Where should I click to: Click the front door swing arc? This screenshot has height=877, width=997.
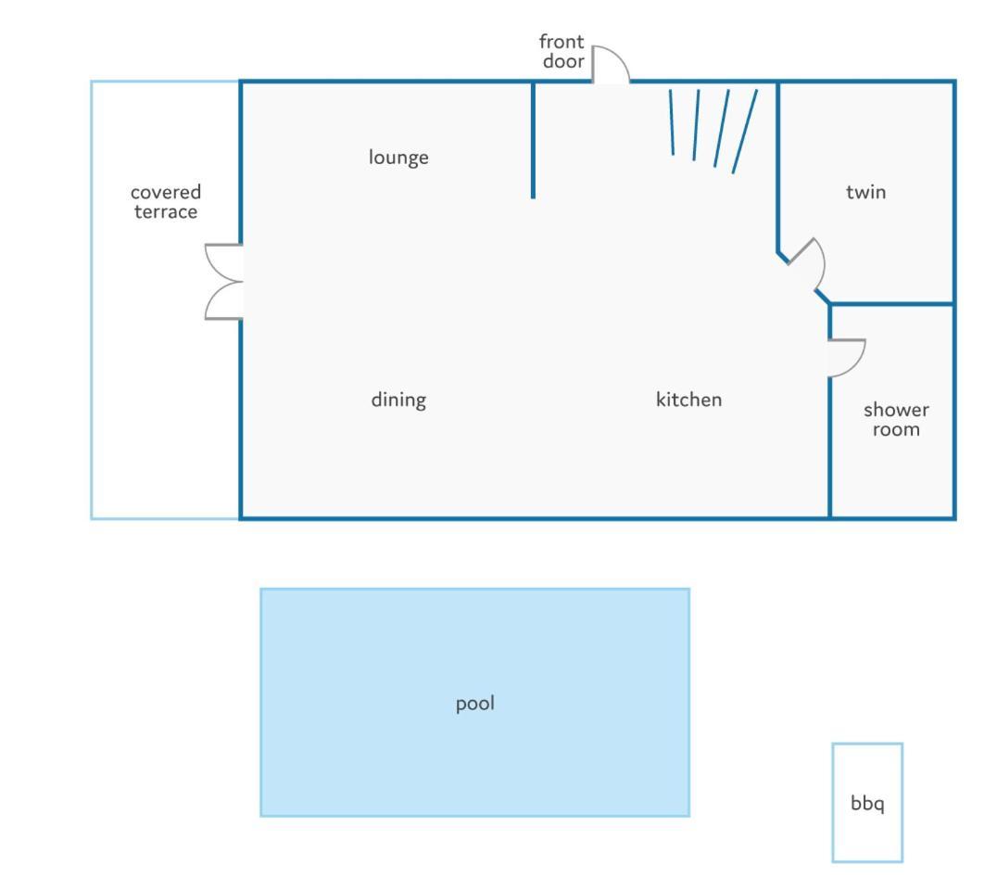[x=619, y=57]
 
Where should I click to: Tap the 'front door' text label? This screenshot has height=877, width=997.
[x=562, y=52]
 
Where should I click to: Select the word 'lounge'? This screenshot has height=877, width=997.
[x=398, y=157]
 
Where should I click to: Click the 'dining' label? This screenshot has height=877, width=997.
[x=398, y=400]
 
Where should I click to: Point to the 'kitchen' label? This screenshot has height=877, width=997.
[x=688, y=400]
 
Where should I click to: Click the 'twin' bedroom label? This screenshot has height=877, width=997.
[x=865, y=192]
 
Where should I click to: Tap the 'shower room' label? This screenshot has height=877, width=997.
[x=896, y=419]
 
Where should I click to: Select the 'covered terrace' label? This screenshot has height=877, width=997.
[x=165, y=201]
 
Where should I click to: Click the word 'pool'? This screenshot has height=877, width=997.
[x=475, y=704]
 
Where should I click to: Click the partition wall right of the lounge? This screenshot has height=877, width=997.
[x=533, y=141]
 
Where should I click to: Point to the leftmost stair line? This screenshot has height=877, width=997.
[x=672, y=122]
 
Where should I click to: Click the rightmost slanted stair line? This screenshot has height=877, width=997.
[x=745, y=132]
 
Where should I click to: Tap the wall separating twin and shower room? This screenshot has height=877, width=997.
[x=892, y=304]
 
